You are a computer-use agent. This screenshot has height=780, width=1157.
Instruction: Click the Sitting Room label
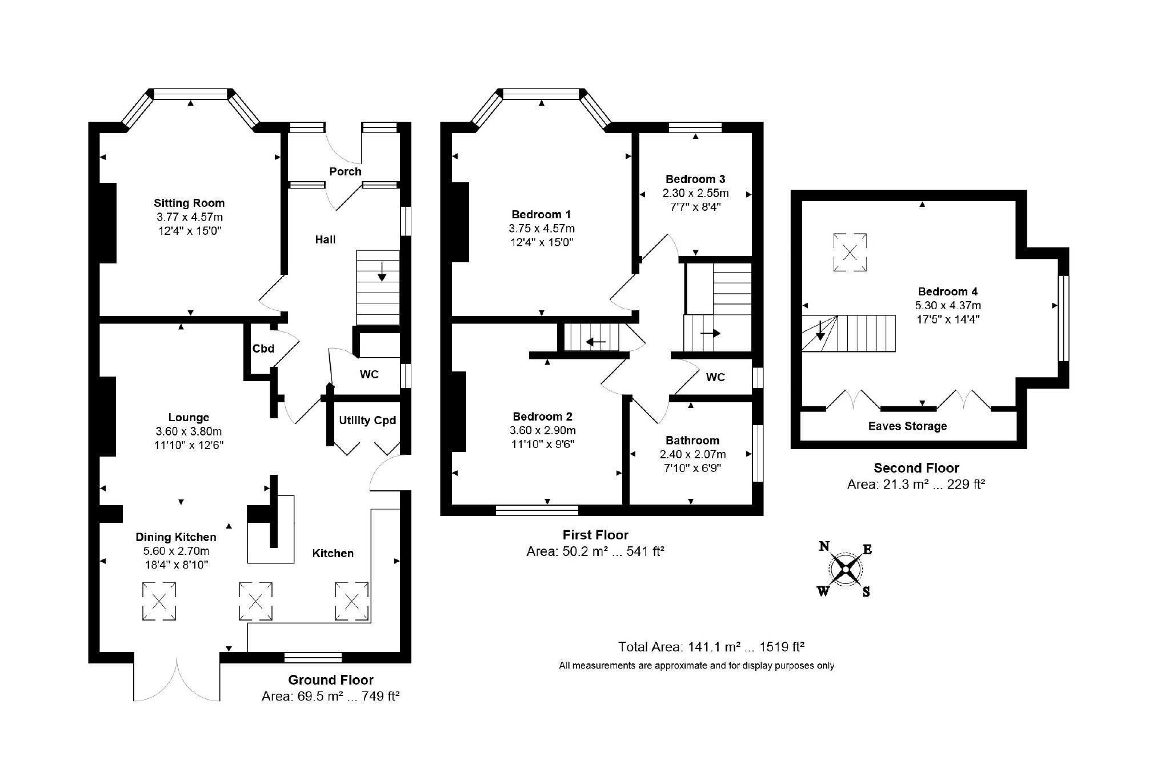click(189, 203)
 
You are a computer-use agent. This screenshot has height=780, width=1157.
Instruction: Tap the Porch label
click(345, 171)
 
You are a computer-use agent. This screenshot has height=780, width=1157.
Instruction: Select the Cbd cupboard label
click(263, 349)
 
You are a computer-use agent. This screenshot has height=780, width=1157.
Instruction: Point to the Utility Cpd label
click(367, 421)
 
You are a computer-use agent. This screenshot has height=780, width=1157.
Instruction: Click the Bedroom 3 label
click(695, 179)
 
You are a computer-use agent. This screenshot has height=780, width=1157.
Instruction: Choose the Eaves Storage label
click(907, 426)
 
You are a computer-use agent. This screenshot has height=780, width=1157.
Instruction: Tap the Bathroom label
click(692, 441)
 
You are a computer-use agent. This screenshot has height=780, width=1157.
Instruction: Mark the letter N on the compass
click(824, 546)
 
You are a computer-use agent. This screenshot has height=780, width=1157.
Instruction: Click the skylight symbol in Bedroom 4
click(850, 252)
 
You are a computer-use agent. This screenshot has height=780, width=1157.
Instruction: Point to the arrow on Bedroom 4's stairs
click(820, 330)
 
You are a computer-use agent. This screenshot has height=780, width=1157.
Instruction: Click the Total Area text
click(711, 647)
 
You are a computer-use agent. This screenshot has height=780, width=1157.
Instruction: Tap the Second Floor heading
click(916, 468)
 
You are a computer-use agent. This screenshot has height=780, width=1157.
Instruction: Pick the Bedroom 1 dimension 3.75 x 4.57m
click(542, 229)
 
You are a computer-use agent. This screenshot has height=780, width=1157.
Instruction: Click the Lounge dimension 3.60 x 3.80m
click(189, 431)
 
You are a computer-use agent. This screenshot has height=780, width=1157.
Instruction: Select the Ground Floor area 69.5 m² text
click(330, 696)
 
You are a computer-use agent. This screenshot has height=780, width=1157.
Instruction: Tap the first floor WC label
click(715, 377)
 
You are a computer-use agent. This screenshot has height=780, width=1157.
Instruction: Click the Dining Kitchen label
click(176, 537)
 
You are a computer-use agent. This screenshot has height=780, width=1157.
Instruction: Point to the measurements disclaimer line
click(696, 666)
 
